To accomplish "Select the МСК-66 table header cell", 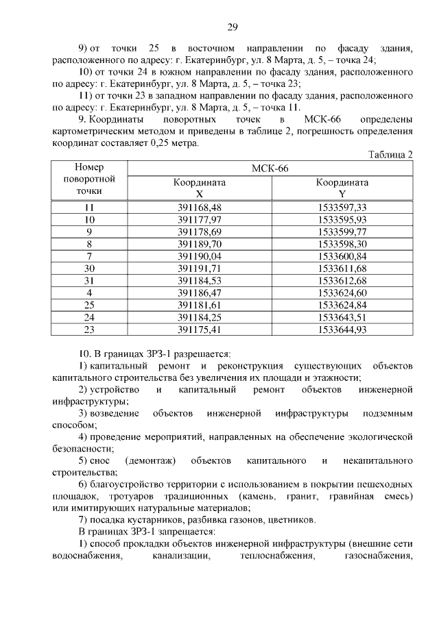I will point(271,169).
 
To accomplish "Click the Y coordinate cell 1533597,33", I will point(342,208).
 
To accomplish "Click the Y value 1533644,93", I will point(342,330).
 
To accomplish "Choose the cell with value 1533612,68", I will point(342,280).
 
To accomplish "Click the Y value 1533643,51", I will point(342,317).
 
